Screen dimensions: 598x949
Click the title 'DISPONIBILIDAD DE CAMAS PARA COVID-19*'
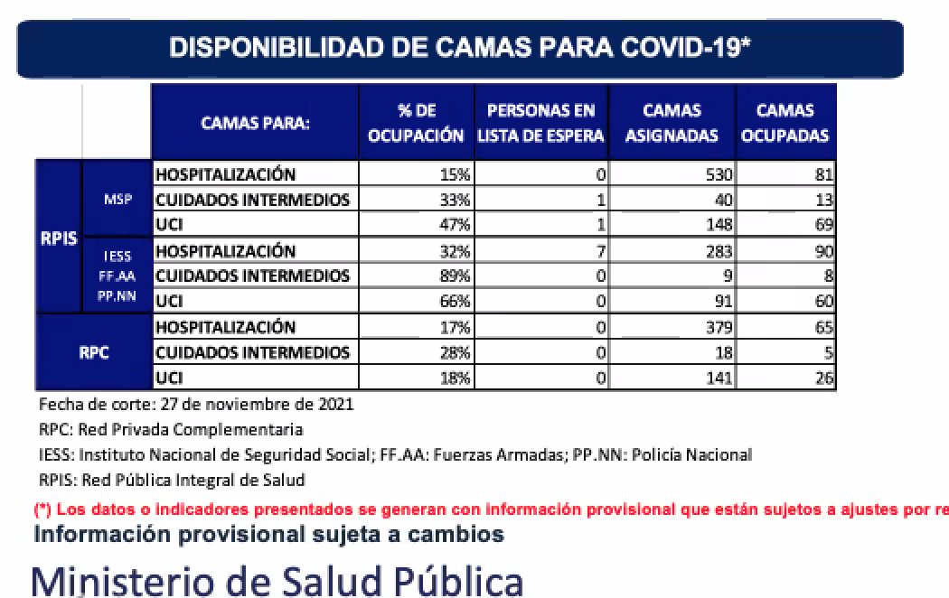[x=460, y=48]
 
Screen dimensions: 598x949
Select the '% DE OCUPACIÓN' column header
[x=417, y=123]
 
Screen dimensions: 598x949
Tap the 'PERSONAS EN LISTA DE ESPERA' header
[x=540, y=123]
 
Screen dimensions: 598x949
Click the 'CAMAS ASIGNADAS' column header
[x=672, y=123]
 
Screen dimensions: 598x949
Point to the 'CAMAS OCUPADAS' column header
[x=785, y=123]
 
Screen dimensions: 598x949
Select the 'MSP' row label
[x=117, y=200]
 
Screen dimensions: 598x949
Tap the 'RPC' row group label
[x=93, y=352]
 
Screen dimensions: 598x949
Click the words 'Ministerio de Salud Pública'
[x=277, y=578]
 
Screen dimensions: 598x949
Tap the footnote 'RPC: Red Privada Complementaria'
[x=171, y=429]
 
